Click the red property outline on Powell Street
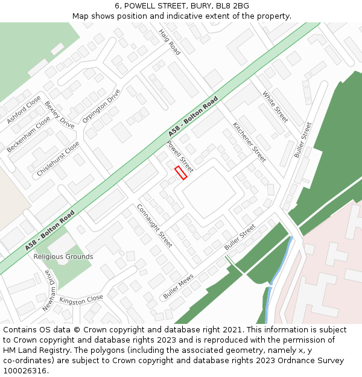181,173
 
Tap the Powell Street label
180,156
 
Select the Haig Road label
170,42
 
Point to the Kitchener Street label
249,142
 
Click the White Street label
275,107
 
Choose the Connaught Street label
155,226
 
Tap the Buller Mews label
178,286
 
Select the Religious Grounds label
63,256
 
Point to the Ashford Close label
24,109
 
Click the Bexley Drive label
59,115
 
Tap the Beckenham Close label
28,135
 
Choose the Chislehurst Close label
58,159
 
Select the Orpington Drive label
101,106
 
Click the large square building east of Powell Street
209,192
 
